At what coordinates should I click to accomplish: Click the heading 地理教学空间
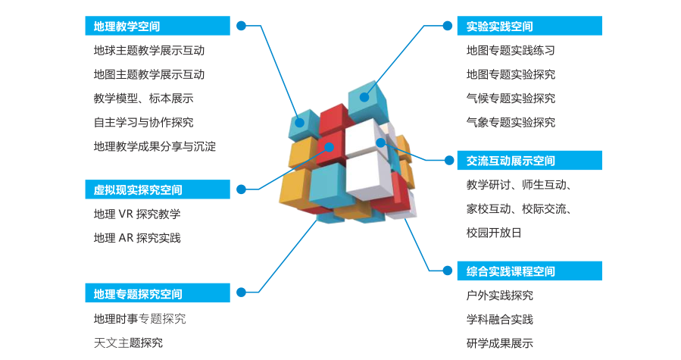pyautogui.click(x=127, y=27)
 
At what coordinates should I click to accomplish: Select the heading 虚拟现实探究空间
pyautogui.click(x=138, y=189)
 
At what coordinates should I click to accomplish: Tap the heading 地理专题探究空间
pyautogui.click(x=138, y=293)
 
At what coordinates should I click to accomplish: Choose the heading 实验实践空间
pyautogui.click(x=499, y=27)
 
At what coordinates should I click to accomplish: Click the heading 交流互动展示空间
pyautogui.click(x=511, y=161)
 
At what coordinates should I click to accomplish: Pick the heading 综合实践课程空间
pyautogui.click(x=511, y=271)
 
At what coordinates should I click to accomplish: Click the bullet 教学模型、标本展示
pyautogui.click(x=143, y=99)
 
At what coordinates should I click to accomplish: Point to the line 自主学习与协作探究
pyautogui.click(x=143, y=122)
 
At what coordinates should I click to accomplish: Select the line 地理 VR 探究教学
pyautogui.click(x=137, y=214)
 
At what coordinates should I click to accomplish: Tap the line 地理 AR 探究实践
pyautogui.click(x=137, y=238)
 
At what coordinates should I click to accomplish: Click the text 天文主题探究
pyautogui.click(x=128, y=343)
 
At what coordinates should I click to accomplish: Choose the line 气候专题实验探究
pyautogui.click(x=511, y=99)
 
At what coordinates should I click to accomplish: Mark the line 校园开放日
pyautogui.click(x=494, y=233)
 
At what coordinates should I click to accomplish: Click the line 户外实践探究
pyautogui.click(x=499, y=296)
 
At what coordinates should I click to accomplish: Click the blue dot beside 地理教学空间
pyautogui.click(x=241, y=26)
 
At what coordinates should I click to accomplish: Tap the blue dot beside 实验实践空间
pyautogui.click(x=447, y=26)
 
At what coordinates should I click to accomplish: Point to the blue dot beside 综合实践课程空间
pyautogui.click(x=447, y=271)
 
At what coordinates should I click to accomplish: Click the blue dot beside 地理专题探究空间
pyautogui.click(x=241, y=292)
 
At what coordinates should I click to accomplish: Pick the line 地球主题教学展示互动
pyautogui.click(x=149, y=51)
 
